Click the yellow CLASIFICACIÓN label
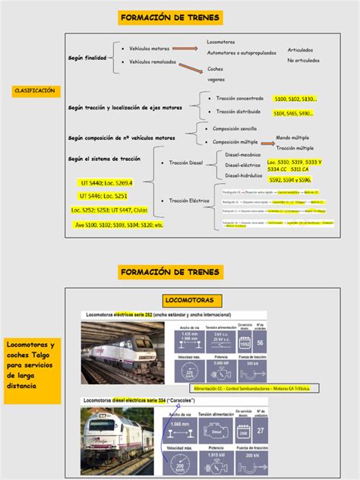(35, 90)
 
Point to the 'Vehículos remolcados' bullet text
(153, 62)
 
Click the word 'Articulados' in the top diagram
(299, 50)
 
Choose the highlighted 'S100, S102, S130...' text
(295, 99)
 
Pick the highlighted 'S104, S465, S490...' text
(295, 113)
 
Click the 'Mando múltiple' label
(297, 138)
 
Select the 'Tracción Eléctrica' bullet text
(188, 201)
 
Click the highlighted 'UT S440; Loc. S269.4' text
(106, 183)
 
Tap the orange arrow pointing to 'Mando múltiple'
(267, 141)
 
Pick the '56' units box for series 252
(261, 343)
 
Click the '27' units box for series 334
(261, 431)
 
